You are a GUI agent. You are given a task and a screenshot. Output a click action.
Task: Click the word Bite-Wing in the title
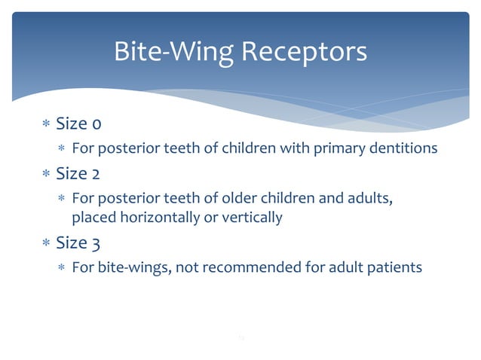click(x=173, y=52)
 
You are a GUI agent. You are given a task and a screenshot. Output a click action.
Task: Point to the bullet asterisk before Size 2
click(x=47, y=174)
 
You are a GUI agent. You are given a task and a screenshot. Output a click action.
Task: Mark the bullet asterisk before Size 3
click(x=47, y=243)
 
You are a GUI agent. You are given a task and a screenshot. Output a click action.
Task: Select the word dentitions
click(x=403, y=148)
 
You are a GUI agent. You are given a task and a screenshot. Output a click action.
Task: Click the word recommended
click(x=249, y=267)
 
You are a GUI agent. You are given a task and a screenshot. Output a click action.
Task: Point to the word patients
click(x=395, y=267)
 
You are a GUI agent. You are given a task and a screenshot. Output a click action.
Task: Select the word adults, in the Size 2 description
click(x=369, y=198)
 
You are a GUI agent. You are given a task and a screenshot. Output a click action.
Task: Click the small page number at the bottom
click(x=240, y=339)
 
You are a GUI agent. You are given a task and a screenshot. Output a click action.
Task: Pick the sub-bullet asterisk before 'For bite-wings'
click(x=63, y=268)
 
